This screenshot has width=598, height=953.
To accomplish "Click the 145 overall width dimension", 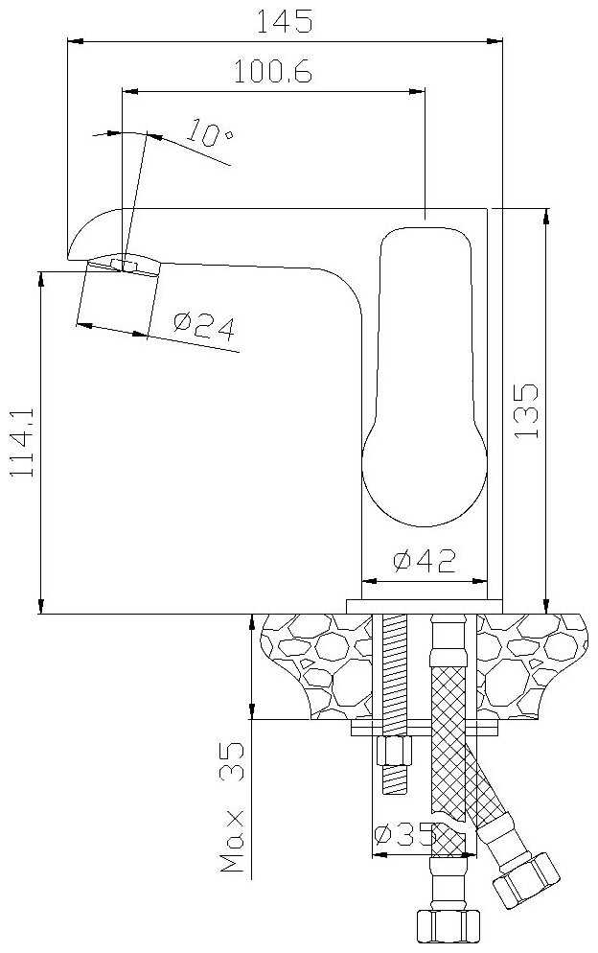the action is point(284,21).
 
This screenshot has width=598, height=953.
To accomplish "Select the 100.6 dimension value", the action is point(273,72).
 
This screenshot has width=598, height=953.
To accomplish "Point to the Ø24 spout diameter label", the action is point(203,326).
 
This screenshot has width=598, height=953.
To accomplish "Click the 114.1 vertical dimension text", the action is point(23,442).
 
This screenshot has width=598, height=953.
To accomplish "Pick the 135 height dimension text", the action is point(526,411).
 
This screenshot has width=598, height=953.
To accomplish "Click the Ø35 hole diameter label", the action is point(404,834).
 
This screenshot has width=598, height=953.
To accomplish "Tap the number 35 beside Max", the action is point(232,761).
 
